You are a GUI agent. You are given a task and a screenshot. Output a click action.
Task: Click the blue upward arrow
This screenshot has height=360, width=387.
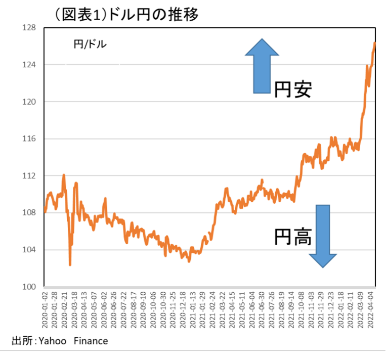(x=262, y=66)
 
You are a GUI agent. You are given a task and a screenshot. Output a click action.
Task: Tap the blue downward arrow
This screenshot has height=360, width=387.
(x=322, y=236)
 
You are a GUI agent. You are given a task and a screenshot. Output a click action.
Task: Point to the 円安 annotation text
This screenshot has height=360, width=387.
(x=292, y=89)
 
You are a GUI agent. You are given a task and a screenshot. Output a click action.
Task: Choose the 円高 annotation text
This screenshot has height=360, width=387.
(x=292, y=236)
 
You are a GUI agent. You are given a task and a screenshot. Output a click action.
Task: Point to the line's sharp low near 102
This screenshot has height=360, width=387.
(x=70, y=264)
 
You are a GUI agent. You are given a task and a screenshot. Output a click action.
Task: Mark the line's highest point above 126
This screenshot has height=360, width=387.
(x=374, y=43)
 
